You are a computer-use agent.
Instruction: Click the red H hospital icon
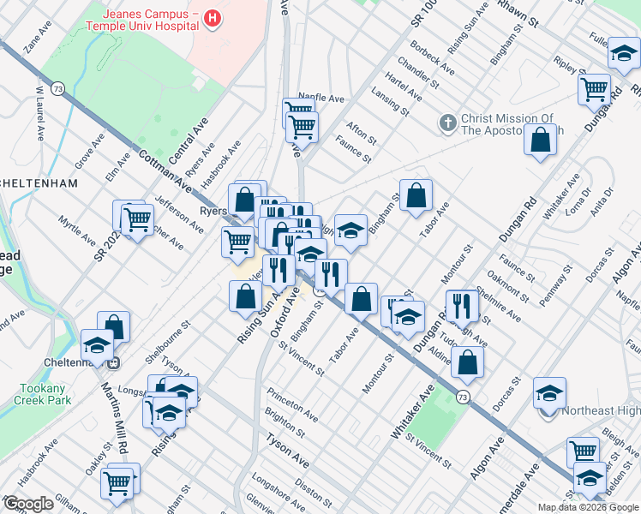pos(213,17)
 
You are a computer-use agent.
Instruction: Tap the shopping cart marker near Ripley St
pos(594,88)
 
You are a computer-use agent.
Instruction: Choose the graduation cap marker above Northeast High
pos(548,392)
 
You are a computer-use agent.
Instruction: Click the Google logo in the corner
pos(27,504)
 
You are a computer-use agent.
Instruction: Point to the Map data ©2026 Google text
pos(587,507)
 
